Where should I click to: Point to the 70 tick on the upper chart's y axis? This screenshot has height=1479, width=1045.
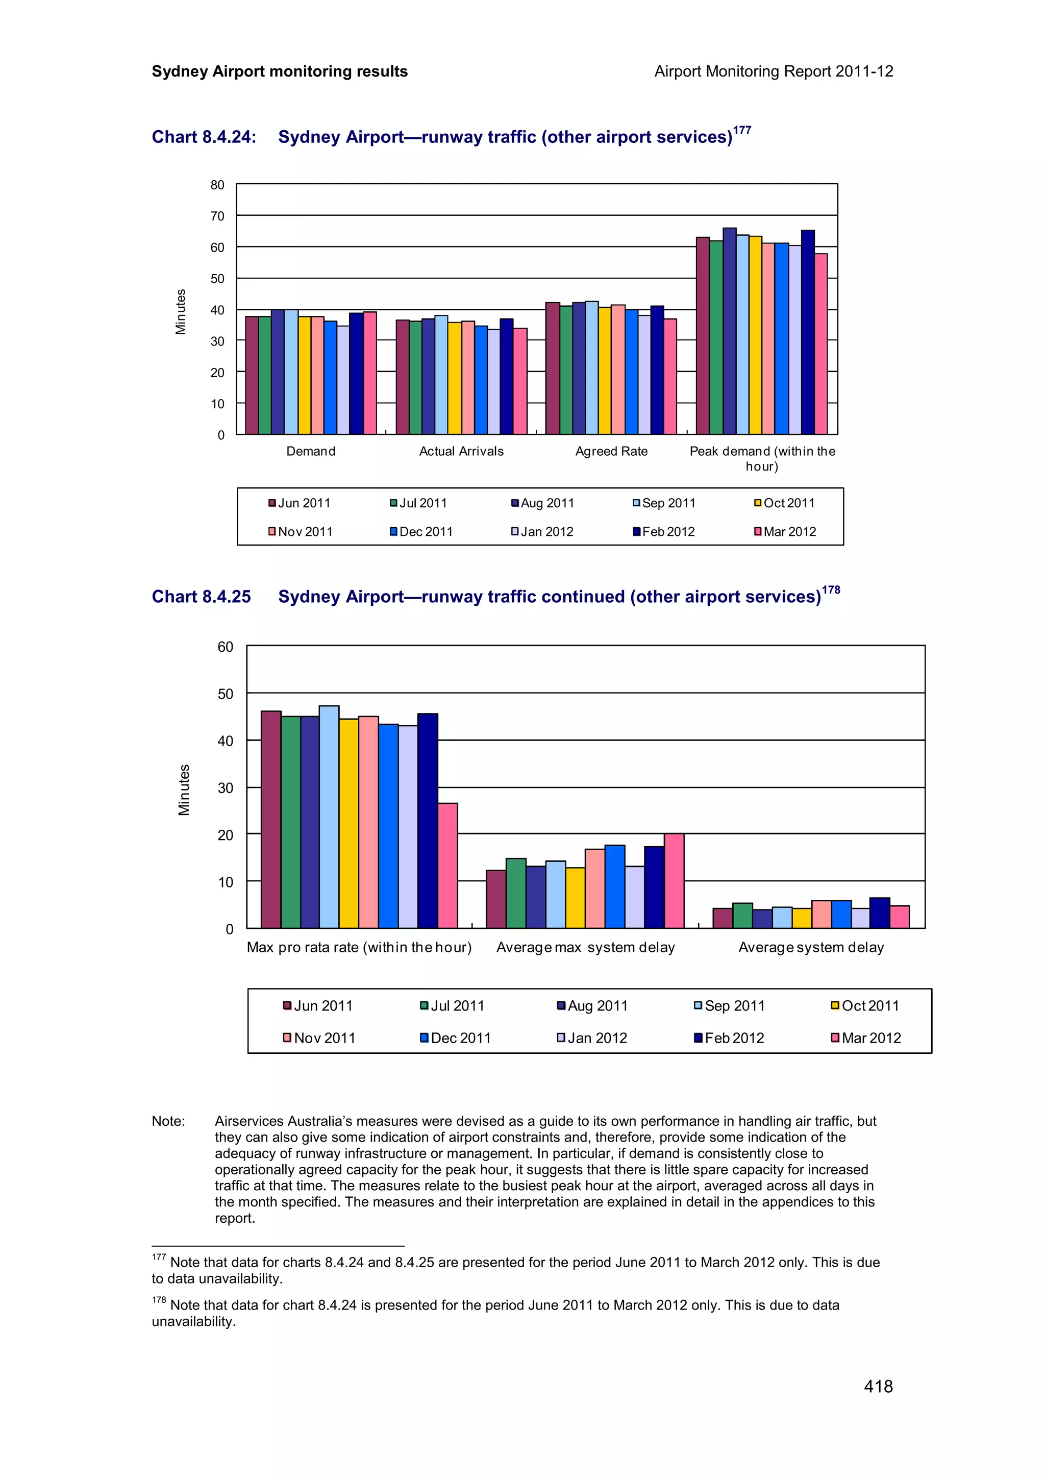218,216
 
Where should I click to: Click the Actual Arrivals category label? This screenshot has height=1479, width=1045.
461,452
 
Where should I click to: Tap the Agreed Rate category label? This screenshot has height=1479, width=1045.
611,452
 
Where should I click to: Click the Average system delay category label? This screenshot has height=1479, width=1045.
811,948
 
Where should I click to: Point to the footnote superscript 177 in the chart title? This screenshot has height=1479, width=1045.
742,130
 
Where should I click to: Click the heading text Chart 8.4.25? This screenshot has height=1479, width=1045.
201,597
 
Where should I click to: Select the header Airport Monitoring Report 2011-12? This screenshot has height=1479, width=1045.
773,71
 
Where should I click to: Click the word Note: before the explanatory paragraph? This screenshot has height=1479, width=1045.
168,1121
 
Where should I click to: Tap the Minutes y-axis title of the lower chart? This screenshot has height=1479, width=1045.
184,790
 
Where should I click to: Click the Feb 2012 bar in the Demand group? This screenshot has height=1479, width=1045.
356,374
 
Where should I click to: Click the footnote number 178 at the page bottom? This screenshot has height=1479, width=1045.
158,1300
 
